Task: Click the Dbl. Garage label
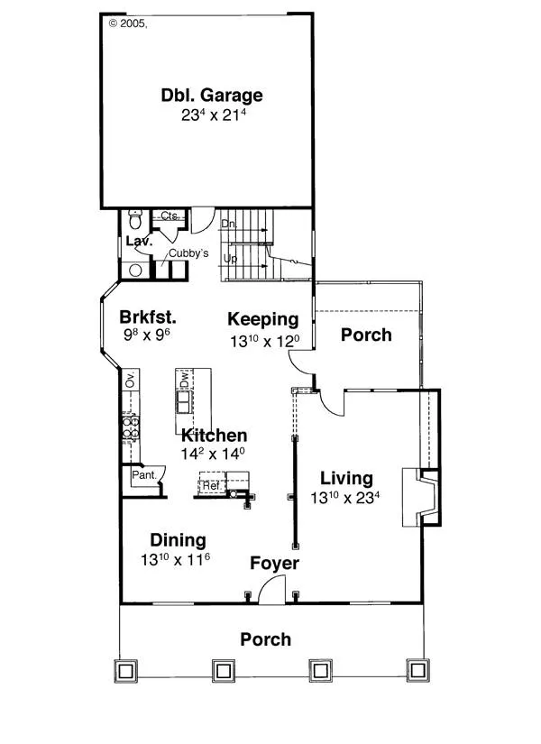click(212, 95)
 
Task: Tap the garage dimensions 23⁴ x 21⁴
click(213, 115)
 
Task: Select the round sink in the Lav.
click(135, 271)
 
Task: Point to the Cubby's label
click(188, 253)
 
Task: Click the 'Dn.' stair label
click(229, 224)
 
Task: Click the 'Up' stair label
click(230, 259)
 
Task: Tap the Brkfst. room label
click(148, 317)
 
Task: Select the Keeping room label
click(263, 319)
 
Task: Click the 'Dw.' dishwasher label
click(185, 379)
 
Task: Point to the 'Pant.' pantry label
click(144, 474)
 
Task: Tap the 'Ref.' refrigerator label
click(211, 485)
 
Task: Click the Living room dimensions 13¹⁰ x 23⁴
click(345, 497)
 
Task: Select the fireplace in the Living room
click(421, 497)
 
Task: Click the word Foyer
click(274, 564)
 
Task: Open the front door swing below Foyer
click(272, 590)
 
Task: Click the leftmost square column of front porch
click(125, 671)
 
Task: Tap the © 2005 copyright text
click(128, 23)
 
